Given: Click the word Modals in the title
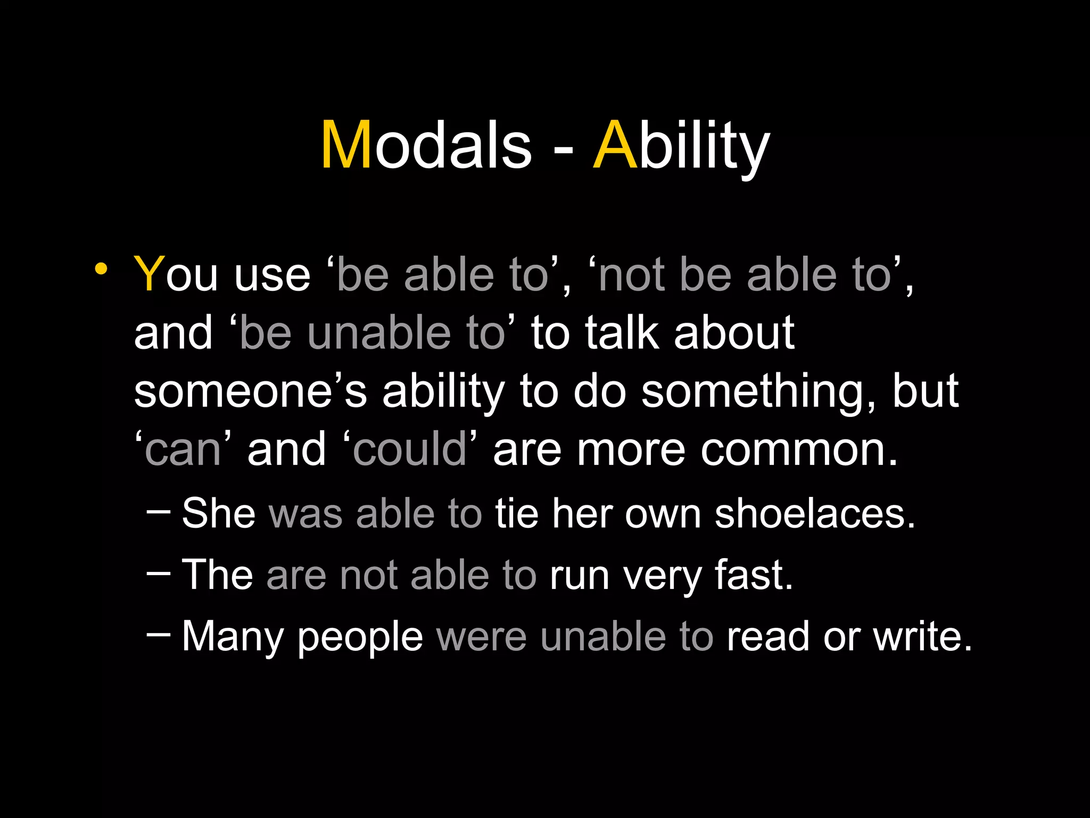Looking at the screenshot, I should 426,145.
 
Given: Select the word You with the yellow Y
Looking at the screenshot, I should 176,275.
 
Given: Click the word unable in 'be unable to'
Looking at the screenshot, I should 379,333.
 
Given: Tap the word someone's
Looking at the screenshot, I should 250,392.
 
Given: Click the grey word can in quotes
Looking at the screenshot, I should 183,451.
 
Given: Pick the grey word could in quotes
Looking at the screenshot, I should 409,449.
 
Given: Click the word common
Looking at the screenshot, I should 798,451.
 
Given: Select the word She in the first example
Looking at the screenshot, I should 218,513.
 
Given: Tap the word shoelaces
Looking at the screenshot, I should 814,514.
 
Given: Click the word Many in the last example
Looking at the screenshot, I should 233,637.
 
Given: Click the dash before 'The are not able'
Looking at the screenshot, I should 158,574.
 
